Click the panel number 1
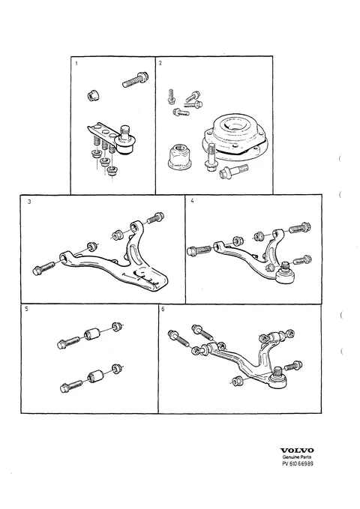tap(76, 63)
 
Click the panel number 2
tap(160, 63)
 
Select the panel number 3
tap(29, 202)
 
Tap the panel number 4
tap(192, 201)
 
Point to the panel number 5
tap(27, 309)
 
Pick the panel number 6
tap(163, 309)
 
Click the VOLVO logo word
tap(297, 451)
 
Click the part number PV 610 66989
tap(298, 463)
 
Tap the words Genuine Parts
tap(297, 457)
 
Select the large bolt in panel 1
tap(136, 79)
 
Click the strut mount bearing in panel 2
tap(235, 136)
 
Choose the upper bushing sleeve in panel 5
tap(93, 334)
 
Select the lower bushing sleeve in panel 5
tap(96, 376)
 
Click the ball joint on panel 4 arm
tap(285, 273)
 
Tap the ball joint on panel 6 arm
tap(278, 378)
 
